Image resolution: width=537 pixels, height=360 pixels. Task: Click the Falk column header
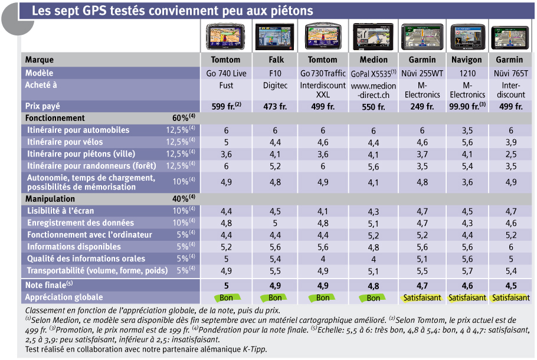276,60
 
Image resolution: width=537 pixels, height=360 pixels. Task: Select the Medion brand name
374,60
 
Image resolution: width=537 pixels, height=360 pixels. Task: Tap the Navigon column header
466,60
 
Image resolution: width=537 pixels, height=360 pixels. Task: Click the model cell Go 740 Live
226,73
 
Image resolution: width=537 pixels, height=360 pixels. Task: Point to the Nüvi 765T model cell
510,73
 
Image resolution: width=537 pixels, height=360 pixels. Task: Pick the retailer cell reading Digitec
275,86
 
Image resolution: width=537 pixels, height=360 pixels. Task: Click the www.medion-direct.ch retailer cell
374,90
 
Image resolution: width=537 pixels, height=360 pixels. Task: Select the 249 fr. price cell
422,107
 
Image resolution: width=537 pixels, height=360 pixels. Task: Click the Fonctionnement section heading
55,118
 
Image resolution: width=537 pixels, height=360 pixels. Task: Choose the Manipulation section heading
50,199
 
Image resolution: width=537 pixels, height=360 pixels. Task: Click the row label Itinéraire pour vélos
65,142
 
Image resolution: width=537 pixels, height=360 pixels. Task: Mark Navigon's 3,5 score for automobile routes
467,130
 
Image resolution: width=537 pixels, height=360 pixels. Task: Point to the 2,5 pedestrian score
510,154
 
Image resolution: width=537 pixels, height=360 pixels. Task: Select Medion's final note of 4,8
374,286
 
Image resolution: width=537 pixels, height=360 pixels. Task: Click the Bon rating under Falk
275,297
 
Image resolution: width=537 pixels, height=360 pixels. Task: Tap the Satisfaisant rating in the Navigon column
467,297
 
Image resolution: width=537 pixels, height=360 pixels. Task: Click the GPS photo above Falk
274,37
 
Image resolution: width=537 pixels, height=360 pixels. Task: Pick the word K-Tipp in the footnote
254,349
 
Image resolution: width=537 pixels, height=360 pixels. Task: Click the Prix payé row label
42,106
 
